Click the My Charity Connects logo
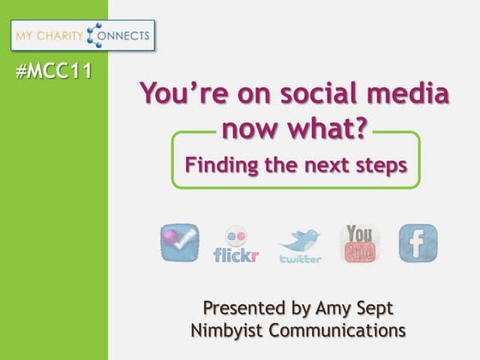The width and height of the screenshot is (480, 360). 83,36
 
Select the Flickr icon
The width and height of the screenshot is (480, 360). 235,244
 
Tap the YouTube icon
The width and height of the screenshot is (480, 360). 359,243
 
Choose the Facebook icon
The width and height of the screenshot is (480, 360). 417,243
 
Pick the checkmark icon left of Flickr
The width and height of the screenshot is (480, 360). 179,243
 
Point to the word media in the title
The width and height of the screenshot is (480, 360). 381,93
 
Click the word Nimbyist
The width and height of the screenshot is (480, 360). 226,330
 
